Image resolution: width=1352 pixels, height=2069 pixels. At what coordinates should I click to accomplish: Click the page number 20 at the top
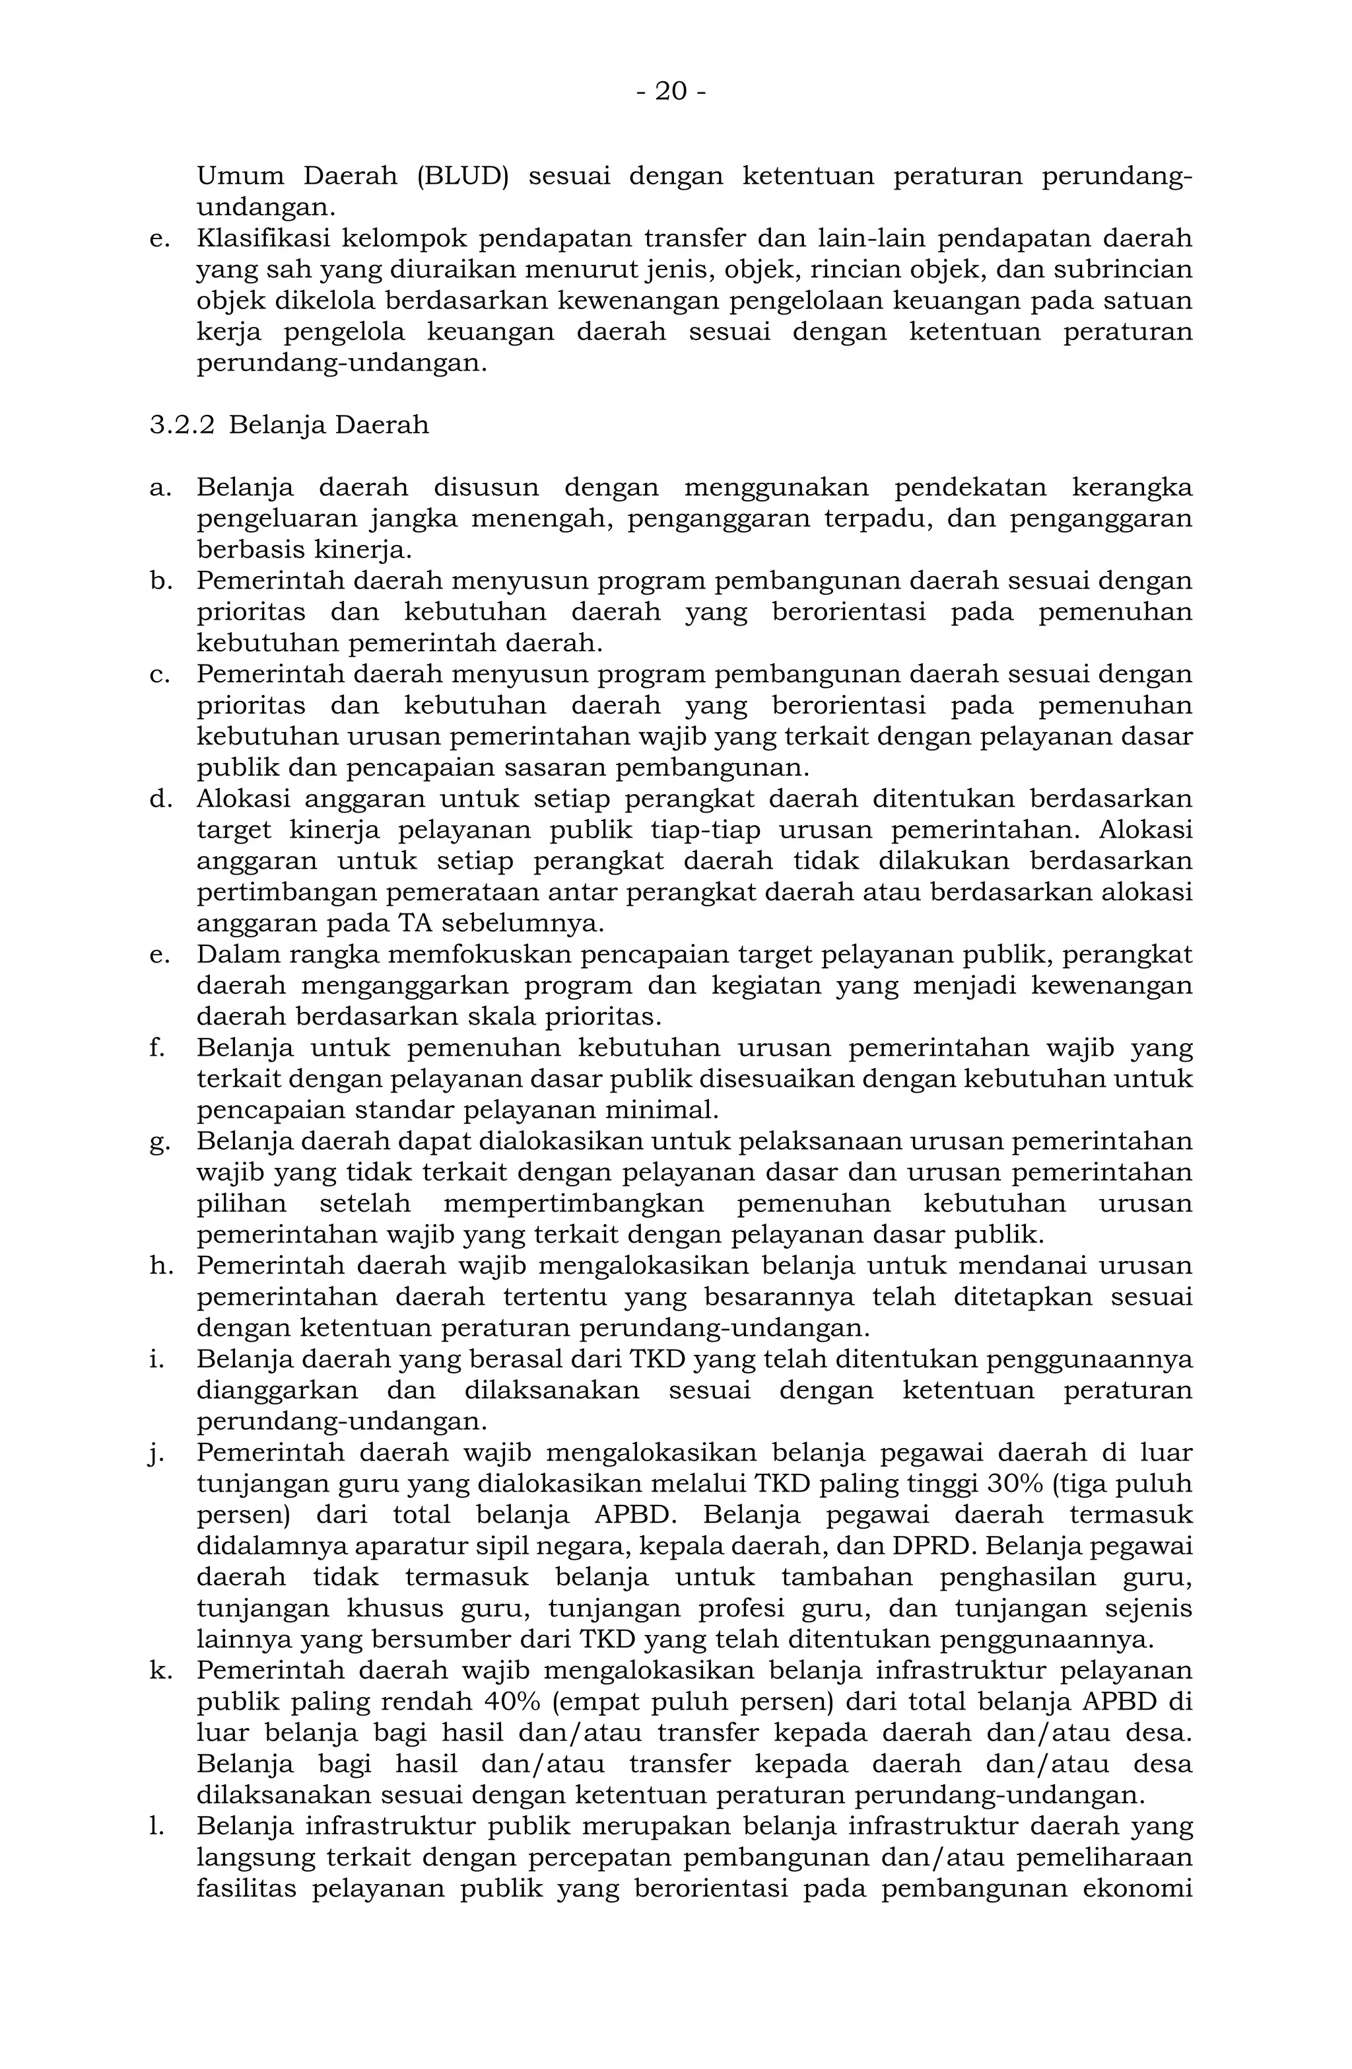point(670,91)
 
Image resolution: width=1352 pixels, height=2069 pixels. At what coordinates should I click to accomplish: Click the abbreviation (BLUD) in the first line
point(461,176)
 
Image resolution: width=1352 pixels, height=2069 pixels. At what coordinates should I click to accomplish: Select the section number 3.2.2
point(182,425)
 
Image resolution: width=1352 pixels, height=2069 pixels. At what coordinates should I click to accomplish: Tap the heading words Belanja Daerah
point(329,425)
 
